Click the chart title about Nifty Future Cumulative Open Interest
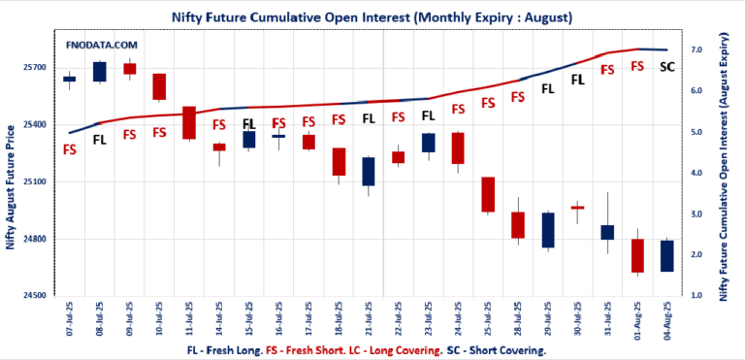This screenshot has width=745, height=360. (371, 16)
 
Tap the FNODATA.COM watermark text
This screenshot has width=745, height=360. (102, 46)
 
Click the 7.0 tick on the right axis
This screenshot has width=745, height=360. (695, 49)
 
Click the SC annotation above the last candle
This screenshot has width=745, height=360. (667, 67)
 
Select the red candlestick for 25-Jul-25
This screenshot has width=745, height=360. (488, 194)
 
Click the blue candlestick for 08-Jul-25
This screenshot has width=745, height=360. (99, 71)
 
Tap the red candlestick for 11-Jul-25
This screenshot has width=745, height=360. (189, 122)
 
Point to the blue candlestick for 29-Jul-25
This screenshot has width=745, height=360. (548, 230)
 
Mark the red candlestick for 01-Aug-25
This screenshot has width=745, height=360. (637, 256)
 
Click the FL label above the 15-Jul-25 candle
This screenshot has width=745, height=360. (248, 124)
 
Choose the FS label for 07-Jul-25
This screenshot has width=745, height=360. (70, 149)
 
